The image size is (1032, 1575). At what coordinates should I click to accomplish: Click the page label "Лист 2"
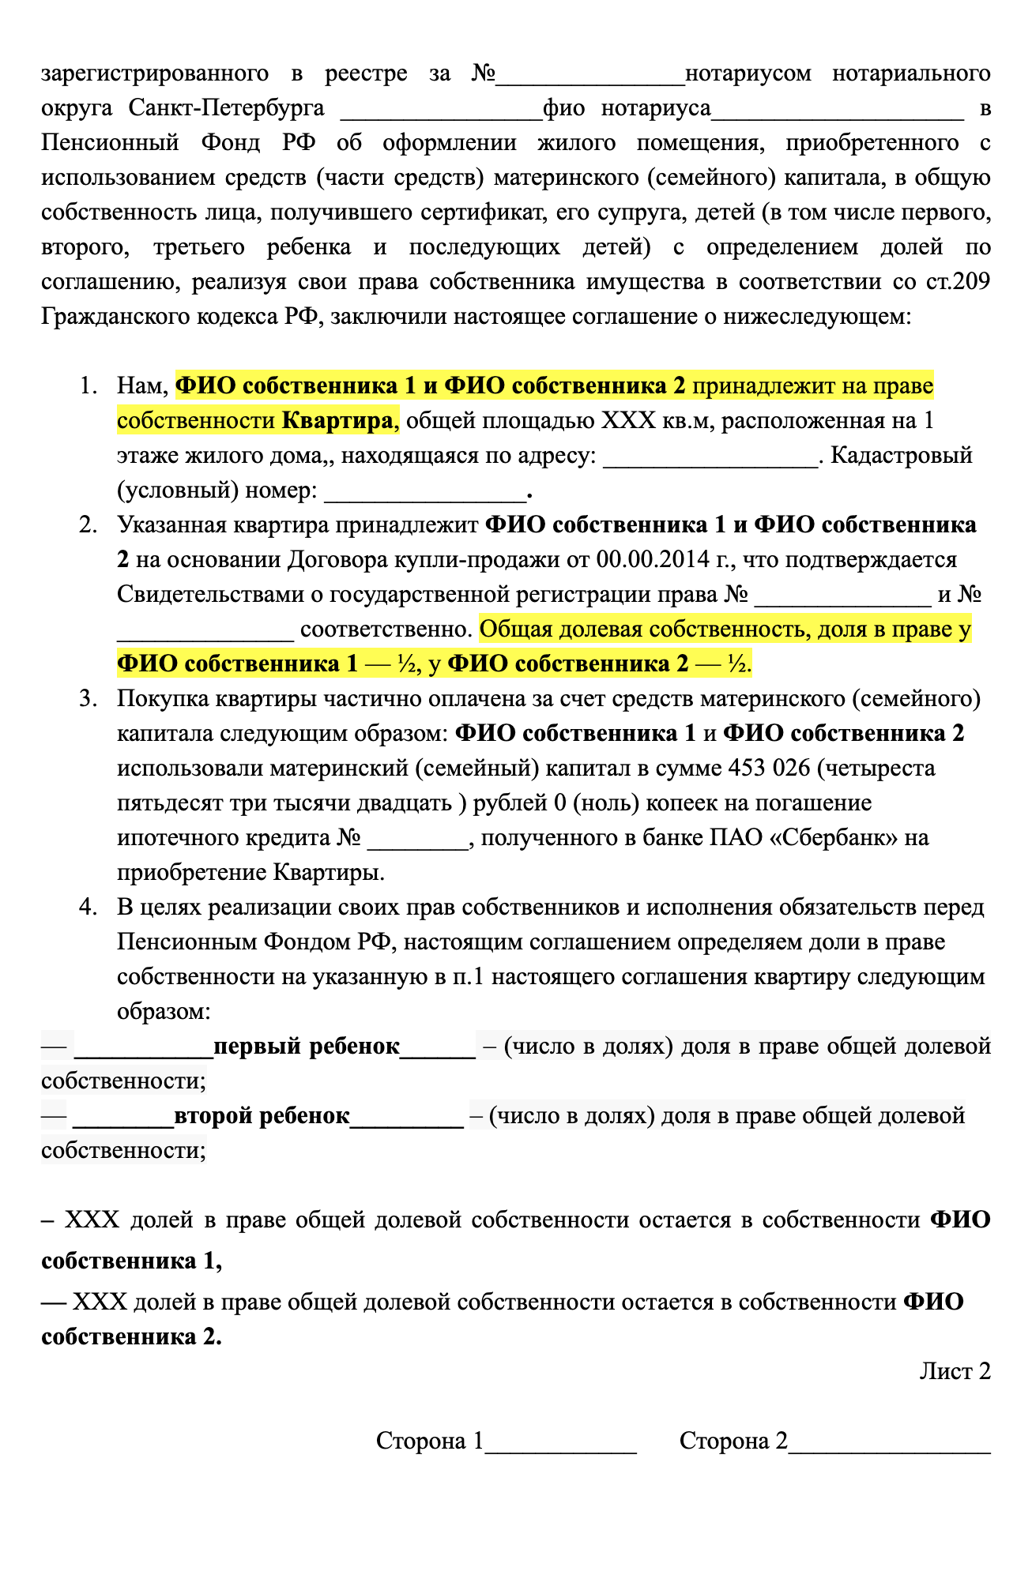pos(955,1371)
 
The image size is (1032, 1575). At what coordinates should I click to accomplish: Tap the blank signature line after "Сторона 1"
pos(560,1442)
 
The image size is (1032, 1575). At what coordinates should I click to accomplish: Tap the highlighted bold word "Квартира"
pos(337,420)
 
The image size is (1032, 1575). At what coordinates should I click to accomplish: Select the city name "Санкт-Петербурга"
pos(226,108)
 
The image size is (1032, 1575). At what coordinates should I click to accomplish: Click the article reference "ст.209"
pos(958,282)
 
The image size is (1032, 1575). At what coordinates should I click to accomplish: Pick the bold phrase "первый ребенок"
pos(307,1046)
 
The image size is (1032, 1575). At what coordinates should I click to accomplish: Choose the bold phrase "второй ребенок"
pos(262,1115)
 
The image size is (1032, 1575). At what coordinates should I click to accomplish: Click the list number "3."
pos(88,698)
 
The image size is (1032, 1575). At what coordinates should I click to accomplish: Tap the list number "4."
pos(88,907)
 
